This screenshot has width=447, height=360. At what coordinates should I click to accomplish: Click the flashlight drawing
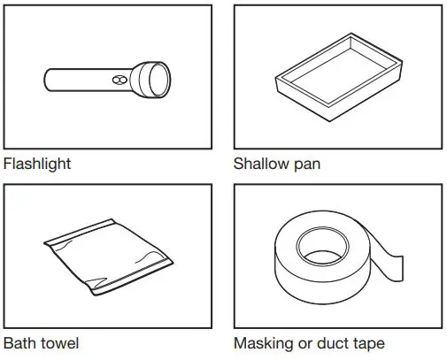107,79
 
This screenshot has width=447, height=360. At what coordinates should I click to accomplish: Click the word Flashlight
37,164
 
